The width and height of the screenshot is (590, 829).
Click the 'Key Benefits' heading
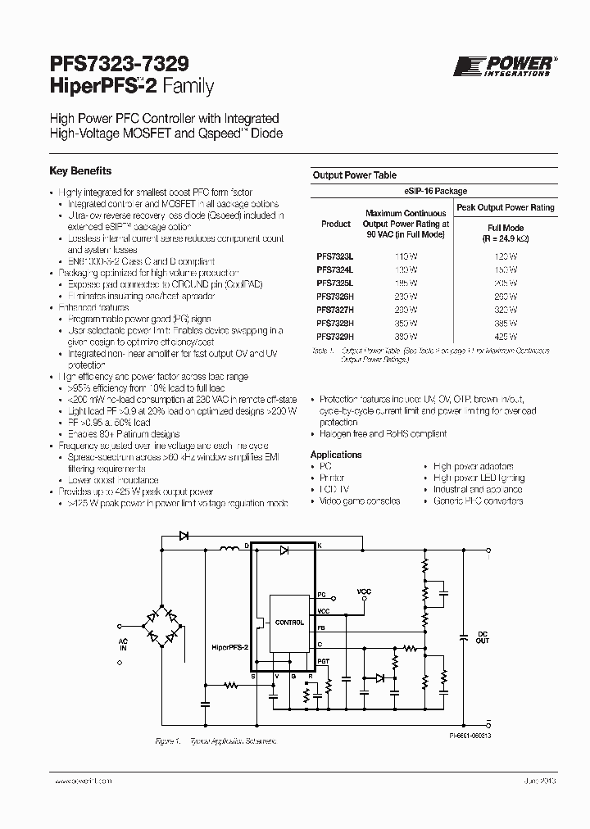[80, 172]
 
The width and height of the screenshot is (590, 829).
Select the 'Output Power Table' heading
[354, 175]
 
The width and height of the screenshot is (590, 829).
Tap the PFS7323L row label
[334, 256]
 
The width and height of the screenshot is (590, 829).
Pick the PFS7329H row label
[334, 336]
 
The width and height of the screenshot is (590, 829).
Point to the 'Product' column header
[336, 224]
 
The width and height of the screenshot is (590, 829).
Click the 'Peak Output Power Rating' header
[506, 207]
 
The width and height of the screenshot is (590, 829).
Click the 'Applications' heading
[335, 455]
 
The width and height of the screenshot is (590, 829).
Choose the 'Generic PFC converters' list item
[478, 501]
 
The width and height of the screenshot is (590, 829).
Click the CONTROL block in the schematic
[288, 623]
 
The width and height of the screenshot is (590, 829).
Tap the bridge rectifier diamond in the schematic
[164, 624]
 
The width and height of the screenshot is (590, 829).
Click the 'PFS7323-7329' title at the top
[120, 63]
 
